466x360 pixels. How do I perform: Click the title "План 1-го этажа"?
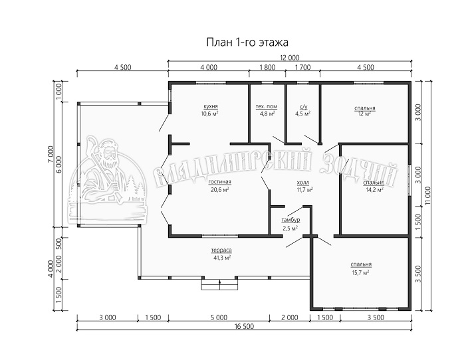(x=247, y=43)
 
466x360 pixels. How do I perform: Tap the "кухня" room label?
(x=211, y=106)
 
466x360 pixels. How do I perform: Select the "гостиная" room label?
(x=219, y=182)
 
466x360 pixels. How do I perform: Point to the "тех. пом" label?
(x=267, y=106)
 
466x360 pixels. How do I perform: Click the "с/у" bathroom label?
(x=303, y=106)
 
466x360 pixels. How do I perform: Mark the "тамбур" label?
(x=291, y=220)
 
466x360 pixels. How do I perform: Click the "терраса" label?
(x=221, y=250)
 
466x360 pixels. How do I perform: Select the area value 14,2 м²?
(x=374, y=189)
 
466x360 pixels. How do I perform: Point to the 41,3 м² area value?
(x=221, y=258)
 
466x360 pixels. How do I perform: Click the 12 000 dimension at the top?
(x=289, y=58)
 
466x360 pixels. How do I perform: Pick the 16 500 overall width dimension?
(x=244, y=326)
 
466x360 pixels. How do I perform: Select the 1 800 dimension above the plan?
(x=267, y=68)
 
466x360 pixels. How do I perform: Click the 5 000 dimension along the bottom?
(x=219, y=317)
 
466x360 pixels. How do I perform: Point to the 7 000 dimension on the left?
(x=51, y=155)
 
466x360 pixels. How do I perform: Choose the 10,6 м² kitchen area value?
(x=211, y=114)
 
